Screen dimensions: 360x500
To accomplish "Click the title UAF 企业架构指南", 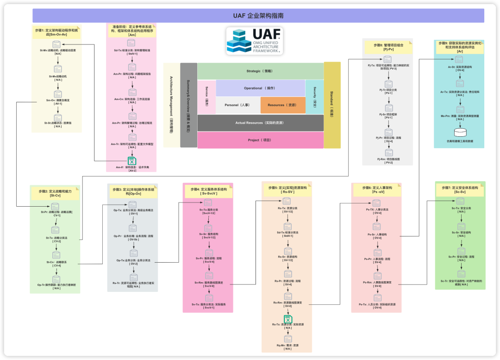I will pos(258,16).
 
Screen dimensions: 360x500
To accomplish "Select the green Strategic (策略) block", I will pos(260,71).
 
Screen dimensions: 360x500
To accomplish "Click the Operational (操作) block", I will pos(260,88).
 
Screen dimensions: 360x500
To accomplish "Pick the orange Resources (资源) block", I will pos(282,105).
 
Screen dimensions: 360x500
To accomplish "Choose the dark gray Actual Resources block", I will pos(260,123).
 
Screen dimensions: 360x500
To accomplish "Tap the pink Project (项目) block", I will pos(260,140).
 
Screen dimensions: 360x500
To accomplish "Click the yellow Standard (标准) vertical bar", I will pos(332,105).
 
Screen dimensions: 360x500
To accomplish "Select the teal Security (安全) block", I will pos(315,96).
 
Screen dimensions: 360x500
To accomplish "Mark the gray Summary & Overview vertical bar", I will pos(188,105).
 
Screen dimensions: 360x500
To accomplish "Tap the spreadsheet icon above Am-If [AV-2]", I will pos(132,161).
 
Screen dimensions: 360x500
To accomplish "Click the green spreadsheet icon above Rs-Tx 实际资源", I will pos(288,319).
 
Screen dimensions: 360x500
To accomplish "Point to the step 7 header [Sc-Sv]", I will pos(460,190).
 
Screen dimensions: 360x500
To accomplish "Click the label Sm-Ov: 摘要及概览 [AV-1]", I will pos(57,101).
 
